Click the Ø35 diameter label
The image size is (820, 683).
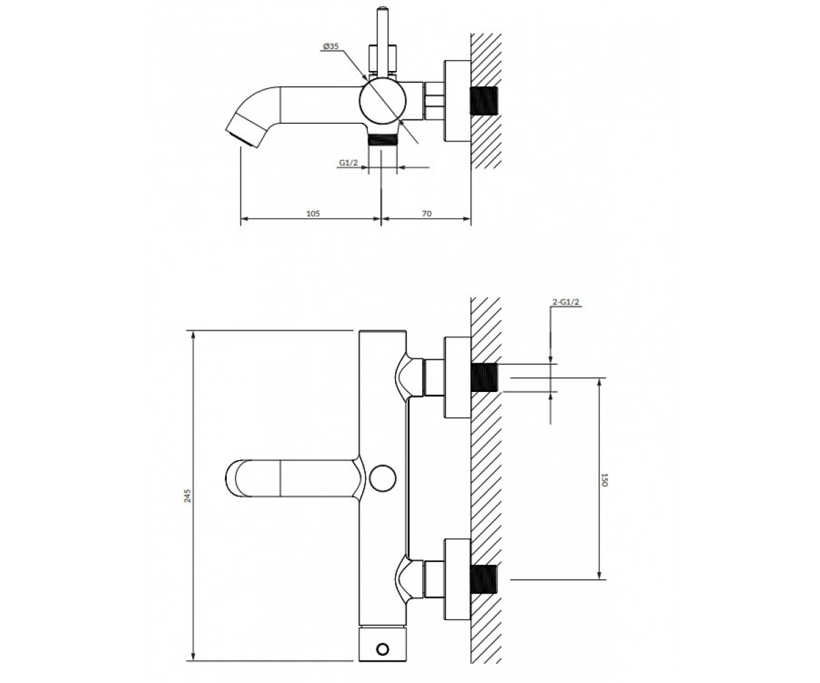pos(331,46)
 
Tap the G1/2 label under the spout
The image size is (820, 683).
pos(348,163)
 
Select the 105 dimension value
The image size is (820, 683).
pos(313,214)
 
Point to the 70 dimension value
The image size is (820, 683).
pos(426,214)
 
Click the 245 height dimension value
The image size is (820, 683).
pos(188,496)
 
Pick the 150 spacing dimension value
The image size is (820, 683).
pos(604,479)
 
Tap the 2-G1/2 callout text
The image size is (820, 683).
pos(566,302)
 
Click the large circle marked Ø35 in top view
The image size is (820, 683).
pos(383,101)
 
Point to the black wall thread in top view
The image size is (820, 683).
pos(484,101)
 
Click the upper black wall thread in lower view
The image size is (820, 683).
pos(484,377)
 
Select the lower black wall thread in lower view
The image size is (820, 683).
pos(484,579)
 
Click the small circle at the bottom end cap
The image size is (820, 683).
pos(383,649)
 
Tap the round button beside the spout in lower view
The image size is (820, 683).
pos(383,478)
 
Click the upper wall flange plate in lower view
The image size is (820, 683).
pos(458,377)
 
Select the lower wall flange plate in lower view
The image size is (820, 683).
pos(458,579)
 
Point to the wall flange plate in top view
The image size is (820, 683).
pos(458,101)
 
